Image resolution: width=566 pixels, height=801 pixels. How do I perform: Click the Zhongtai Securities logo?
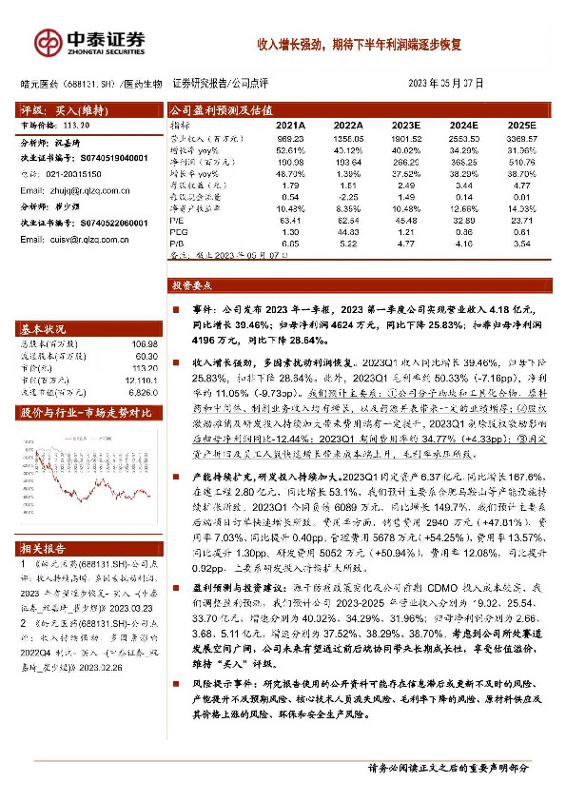(x=90, y=41)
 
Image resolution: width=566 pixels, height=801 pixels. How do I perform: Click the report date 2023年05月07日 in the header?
(x=446, y=84)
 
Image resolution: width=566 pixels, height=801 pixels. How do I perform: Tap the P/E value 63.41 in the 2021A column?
(x=290, y=220)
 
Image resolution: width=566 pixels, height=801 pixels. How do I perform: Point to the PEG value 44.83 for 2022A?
(x=348, y=231)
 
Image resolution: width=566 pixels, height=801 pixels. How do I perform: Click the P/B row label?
(x=178, y=244)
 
